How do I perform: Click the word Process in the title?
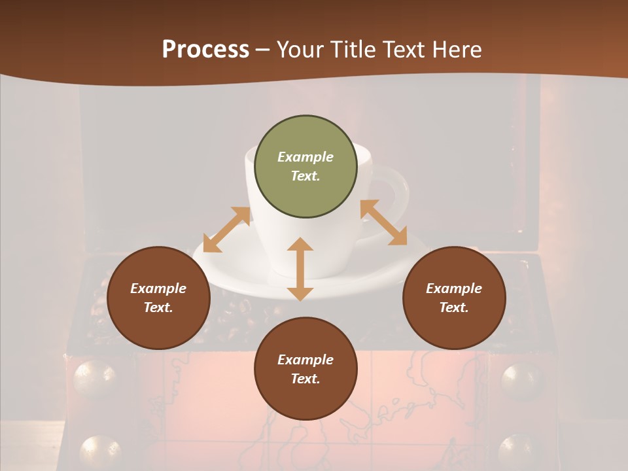click(205, 50)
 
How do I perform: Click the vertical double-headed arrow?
click(300, 269)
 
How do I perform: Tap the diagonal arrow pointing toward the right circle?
click(384, 222)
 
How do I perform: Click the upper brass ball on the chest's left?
click(95, 378)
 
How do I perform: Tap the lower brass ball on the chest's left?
click(100, 452)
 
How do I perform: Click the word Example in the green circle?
click(305, 157)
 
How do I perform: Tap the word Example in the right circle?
click(454, 288)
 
